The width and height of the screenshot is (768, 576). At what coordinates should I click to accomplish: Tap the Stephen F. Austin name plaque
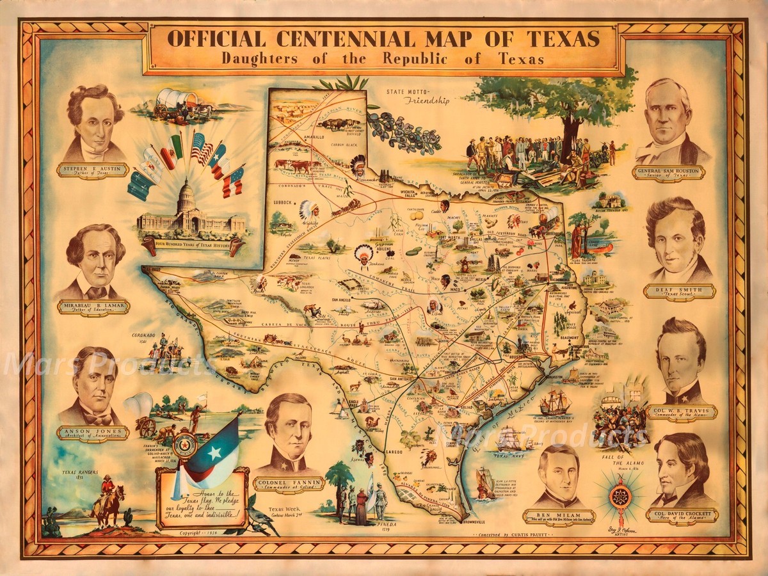click(x=92, y=170)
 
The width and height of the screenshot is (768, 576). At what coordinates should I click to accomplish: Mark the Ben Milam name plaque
click(x=559, y=516)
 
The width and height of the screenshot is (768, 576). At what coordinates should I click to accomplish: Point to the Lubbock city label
click(x=284, y=203)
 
